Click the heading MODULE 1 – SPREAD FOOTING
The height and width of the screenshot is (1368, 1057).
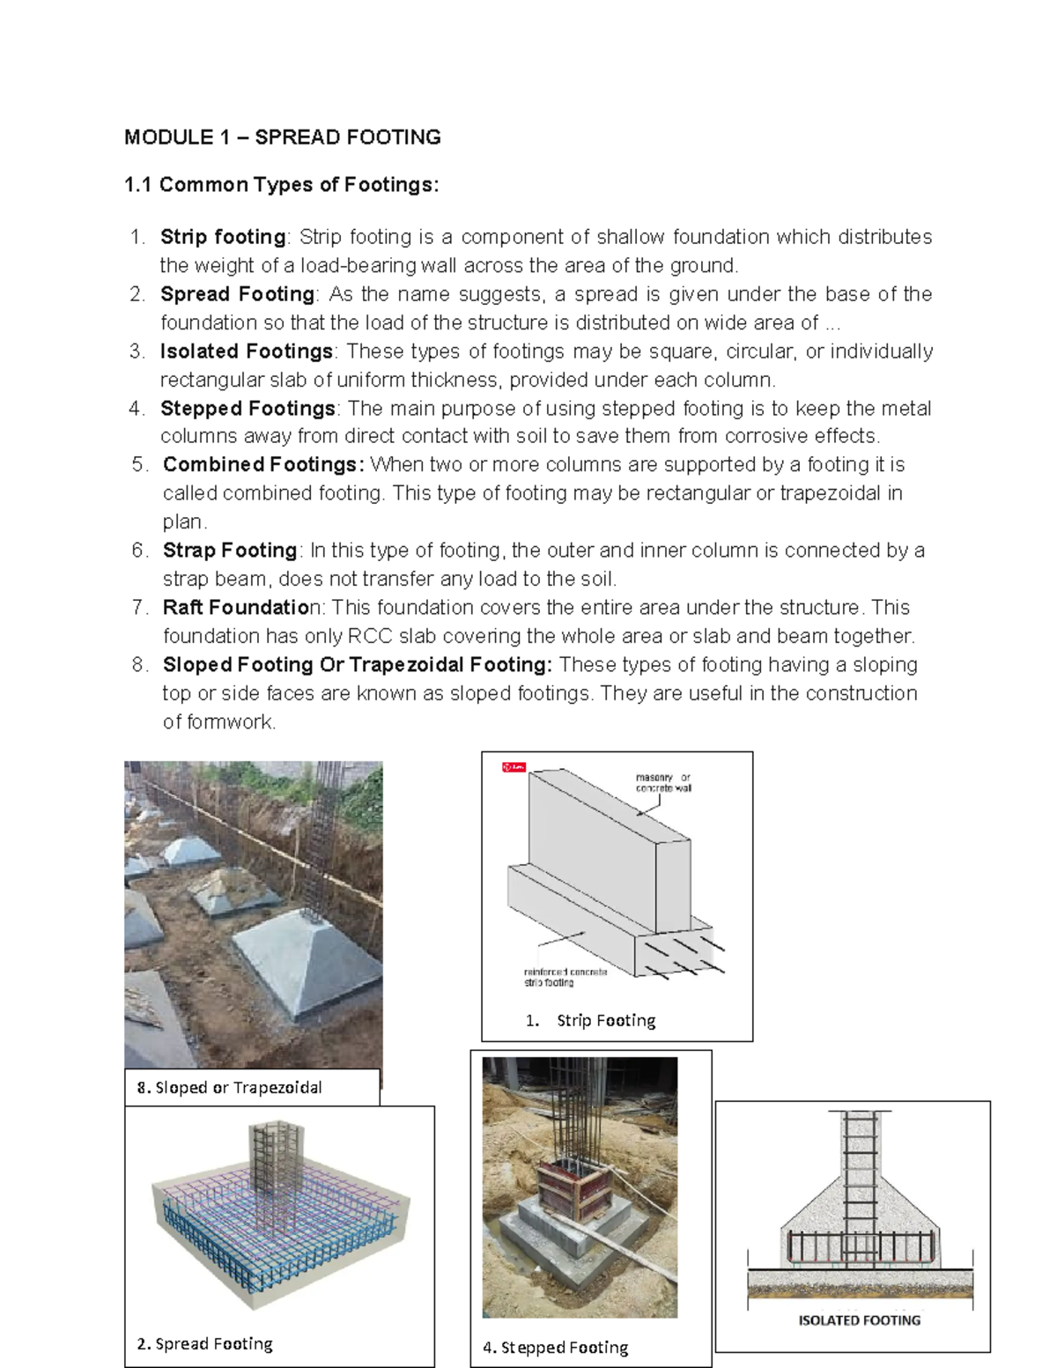[x=282, y=137]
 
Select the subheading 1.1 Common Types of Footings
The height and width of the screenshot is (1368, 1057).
[x=281, y=185]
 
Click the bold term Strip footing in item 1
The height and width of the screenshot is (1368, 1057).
[x=223, y=237]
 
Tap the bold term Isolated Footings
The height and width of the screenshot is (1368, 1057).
[x=247, y=351]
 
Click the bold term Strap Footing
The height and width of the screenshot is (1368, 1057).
[x=230, y=551]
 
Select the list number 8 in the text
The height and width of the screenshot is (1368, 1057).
[x=139, y=665]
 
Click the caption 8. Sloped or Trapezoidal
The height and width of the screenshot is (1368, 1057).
[x=229, y=1088]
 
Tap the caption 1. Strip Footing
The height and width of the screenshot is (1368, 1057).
[x=591, y=1020]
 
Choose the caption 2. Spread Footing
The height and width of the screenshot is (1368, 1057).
[x=205, y=1343]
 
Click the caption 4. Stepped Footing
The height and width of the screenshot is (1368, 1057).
[x=556, y=1347]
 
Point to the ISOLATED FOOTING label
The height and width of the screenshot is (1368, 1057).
[x=859, y=1320]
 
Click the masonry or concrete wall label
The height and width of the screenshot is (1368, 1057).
[x=663, y=782]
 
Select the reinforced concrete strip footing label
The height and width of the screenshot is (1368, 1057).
[x=565, y=976]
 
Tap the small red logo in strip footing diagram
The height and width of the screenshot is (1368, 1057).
[x=514, y=767]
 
